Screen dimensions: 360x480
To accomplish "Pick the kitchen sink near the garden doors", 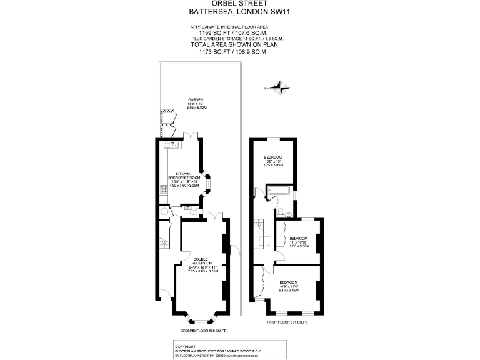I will (173, 145).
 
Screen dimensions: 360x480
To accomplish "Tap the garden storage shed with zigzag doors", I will (165, 121).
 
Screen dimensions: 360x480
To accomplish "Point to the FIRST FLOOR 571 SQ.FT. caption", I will (287, 322).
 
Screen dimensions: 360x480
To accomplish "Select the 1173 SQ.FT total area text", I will (229, 52).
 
